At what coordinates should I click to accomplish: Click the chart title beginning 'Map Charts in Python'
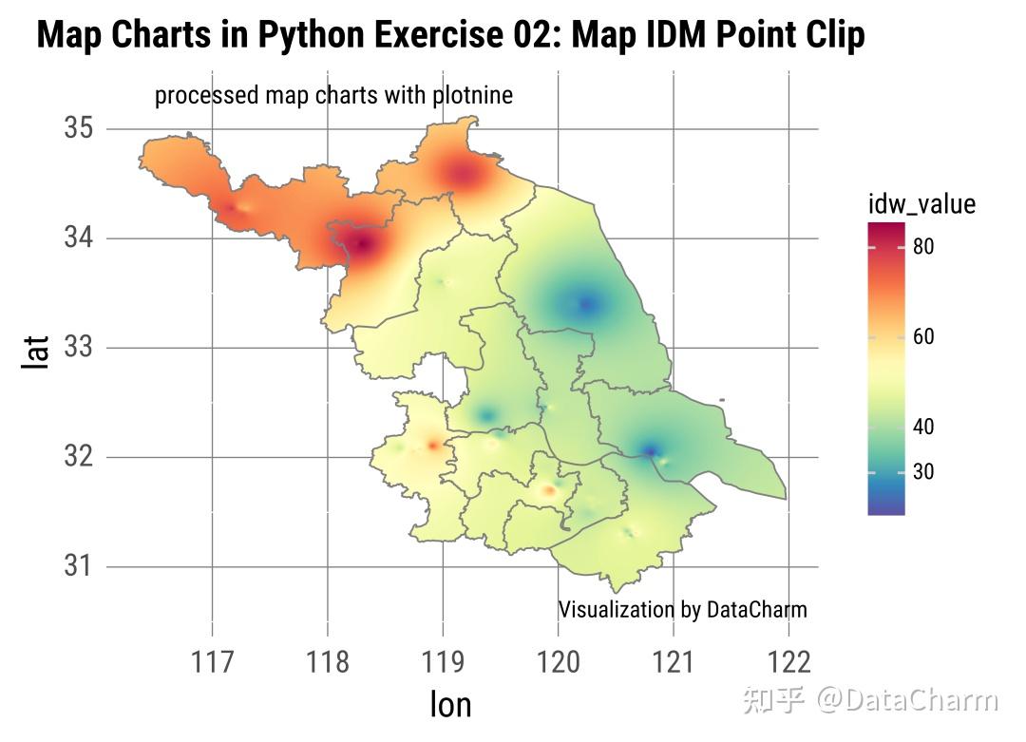pos(450,35)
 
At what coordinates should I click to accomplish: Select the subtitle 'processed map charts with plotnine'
pos(333,95)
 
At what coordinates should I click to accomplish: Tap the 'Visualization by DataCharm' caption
pos(682,609)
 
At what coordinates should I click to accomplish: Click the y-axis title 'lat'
pos(36,355)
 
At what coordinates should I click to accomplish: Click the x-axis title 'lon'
pos(449,704)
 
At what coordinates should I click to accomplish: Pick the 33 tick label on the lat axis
pos(78,347)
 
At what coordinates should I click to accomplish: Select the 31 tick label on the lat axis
pos(78,566)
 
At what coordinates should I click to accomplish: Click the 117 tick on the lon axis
pos(212,661)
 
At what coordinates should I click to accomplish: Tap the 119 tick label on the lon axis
pos(443,661)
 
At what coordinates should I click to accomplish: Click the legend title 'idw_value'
pos(921,203)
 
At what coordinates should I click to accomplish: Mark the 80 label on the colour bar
pos(923,247)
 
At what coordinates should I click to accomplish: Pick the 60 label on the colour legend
pos(923,336)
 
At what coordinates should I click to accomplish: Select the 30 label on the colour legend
pos(923,472)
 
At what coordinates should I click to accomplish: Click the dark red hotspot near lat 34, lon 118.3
pos(362,245)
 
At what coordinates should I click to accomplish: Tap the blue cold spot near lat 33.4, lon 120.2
pos(585,304)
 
